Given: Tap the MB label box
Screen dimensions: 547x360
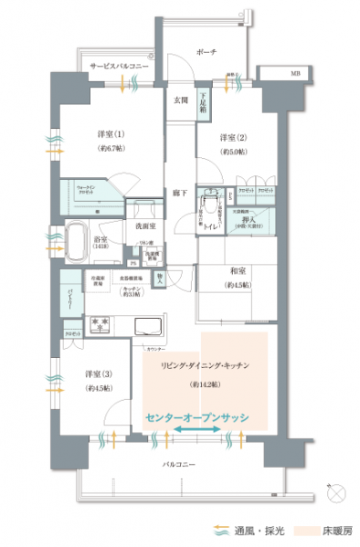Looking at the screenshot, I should pyautogui.click(x=294, y=71).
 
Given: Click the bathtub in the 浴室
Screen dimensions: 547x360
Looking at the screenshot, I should pyautogui.click(x=80, y=241).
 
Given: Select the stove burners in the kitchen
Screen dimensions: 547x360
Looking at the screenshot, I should pyautogui.click(x=101, y=325).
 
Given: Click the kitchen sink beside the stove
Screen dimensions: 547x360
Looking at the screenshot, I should pyautogui.click(x=146, y=325).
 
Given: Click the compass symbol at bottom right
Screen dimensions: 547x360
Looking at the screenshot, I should pyautogui.click(x=337, y=494).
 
